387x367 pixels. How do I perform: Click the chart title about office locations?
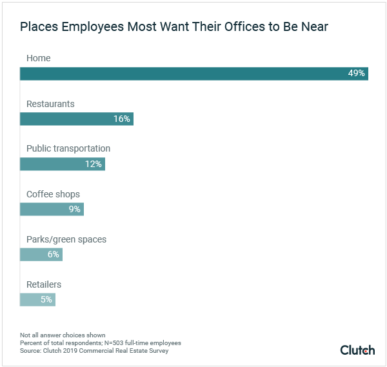(174, 28)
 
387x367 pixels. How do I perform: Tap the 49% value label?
(357, 74)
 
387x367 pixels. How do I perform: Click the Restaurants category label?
(50, 104)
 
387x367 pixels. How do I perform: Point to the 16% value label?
(122, 119)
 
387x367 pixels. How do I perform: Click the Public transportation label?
(68, 148)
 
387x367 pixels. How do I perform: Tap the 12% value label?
(94, 164)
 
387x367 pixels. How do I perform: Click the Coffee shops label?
(53, 194)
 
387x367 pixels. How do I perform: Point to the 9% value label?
(75, 209)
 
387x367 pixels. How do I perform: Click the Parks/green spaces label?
(66, 239)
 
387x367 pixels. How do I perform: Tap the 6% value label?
(53, 254)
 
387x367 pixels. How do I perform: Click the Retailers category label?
(44, 284)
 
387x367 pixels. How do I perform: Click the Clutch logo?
(357, 350)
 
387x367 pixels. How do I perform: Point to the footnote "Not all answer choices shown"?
(63, 335)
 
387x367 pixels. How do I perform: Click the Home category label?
(38, 59)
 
